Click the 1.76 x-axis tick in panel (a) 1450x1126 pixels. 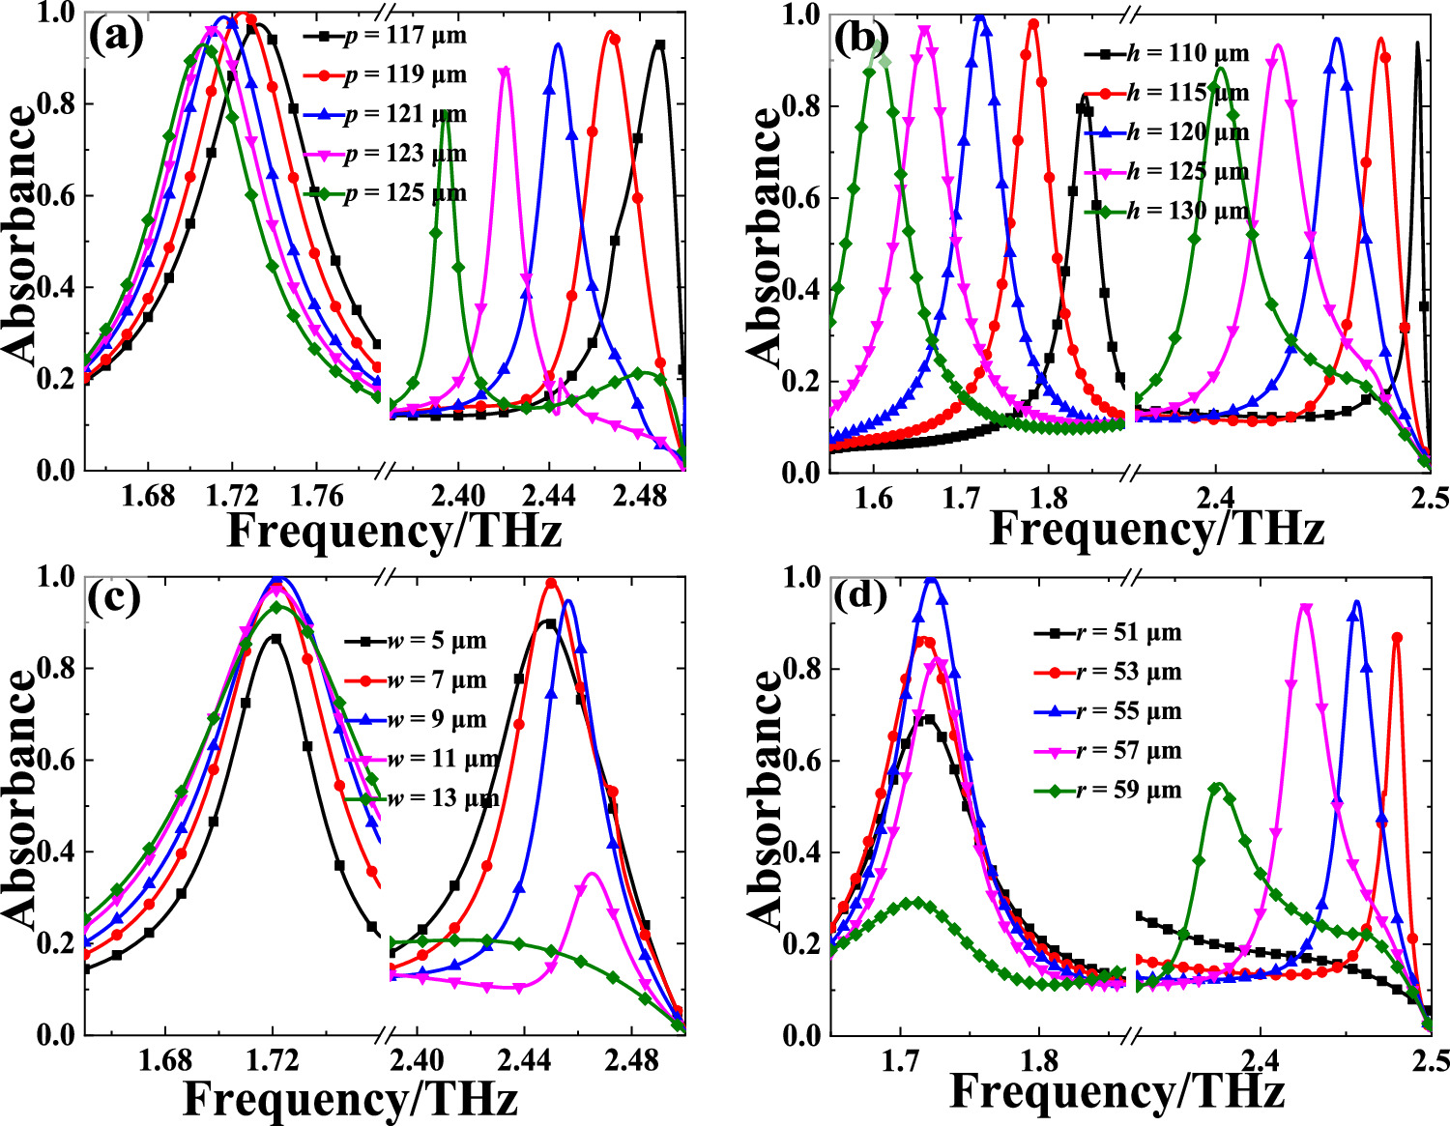click(317, 496)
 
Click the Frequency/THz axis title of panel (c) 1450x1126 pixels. click(350, 1098)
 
